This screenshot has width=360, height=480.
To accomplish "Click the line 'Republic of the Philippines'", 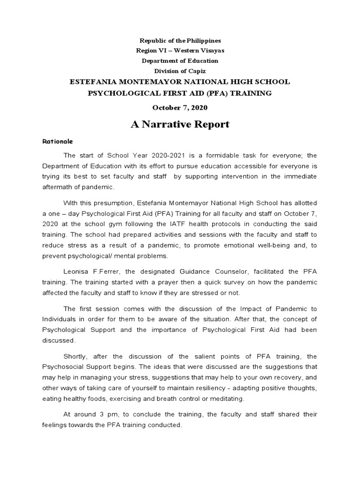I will (180, 41).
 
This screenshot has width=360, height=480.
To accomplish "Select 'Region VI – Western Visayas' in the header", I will (180, 51).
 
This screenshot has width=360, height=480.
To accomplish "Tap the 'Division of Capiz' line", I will (180, 71).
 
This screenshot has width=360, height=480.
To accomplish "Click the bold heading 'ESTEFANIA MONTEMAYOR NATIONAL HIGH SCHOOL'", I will (180, 82).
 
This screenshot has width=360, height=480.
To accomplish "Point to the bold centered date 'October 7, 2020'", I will (180, 107).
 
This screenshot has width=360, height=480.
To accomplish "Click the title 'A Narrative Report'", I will (180, 124).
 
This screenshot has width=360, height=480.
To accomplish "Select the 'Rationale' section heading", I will (58, 141).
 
